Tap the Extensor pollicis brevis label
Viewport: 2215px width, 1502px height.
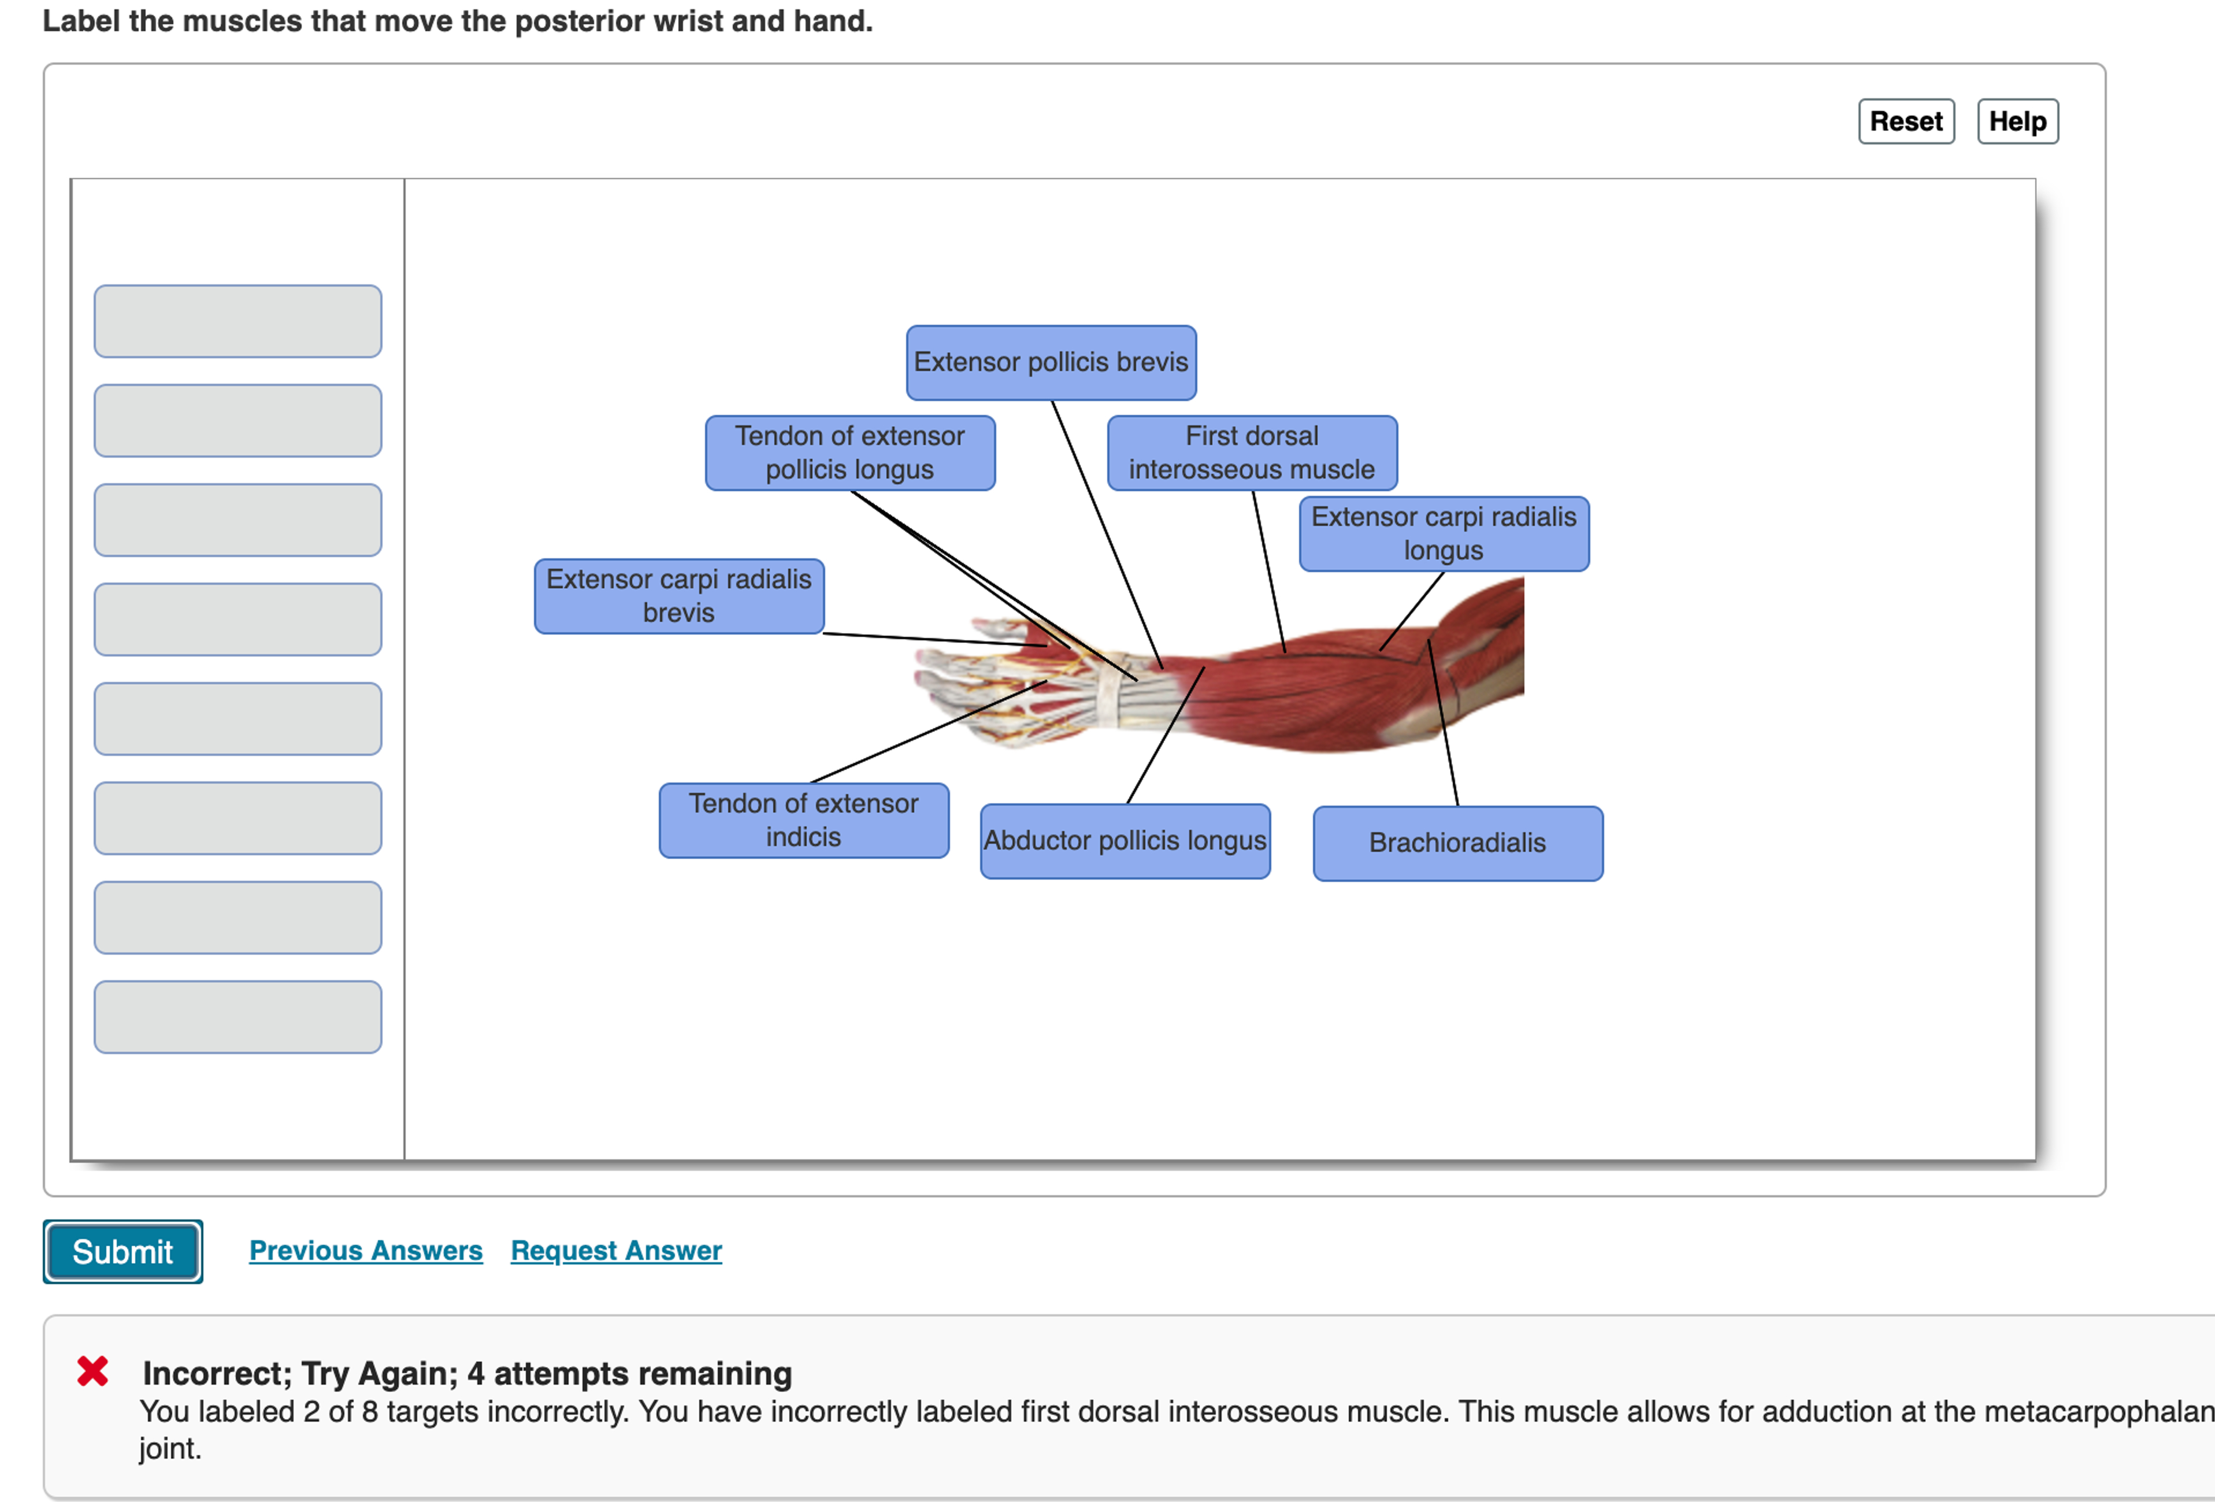click(1051, 362)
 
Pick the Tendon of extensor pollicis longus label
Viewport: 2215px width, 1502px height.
click(849, 453)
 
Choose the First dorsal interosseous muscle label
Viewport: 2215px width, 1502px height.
click(1252, 453)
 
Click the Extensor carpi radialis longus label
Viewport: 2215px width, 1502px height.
click(1443, 534)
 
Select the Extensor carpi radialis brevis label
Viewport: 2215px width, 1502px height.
click(678, 596)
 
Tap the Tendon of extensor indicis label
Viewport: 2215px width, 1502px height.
click(803, 819)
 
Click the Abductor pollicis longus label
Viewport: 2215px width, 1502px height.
click(1125, 841)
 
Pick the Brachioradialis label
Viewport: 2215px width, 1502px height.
click(1457, 843)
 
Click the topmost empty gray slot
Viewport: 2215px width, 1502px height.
click(238, 321)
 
